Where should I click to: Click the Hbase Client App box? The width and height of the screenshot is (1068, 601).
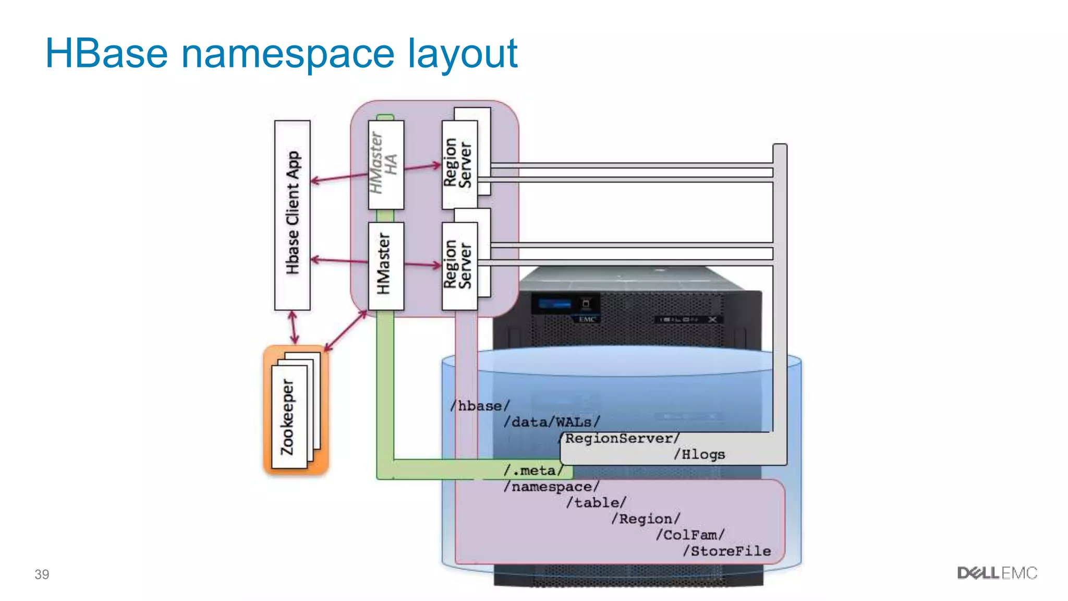pos(293,215)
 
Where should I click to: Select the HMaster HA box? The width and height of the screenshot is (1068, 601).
pos(385,164)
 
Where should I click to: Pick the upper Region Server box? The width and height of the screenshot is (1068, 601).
pos(459,164)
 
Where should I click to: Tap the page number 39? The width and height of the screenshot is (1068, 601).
pos(42,574)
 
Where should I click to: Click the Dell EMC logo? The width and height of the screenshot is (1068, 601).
pos(997,573)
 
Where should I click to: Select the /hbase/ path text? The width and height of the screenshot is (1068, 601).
pos(480,405)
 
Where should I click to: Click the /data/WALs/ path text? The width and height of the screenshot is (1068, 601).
pos(552,422)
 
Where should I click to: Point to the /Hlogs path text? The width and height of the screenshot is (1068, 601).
pos(699,454)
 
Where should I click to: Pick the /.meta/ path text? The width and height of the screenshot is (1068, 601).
pos(533,471)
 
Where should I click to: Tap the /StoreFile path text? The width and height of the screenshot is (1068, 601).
pos(727,551)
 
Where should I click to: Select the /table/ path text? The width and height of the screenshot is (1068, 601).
pos(596,502)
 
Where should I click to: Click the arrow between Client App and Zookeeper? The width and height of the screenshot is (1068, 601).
pos(294,328)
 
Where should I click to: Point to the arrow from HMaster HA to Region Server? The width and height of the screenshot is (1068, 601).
pos(422,167)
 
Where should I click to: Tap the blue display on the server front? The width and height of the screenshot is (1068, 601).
pos(554,304)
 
